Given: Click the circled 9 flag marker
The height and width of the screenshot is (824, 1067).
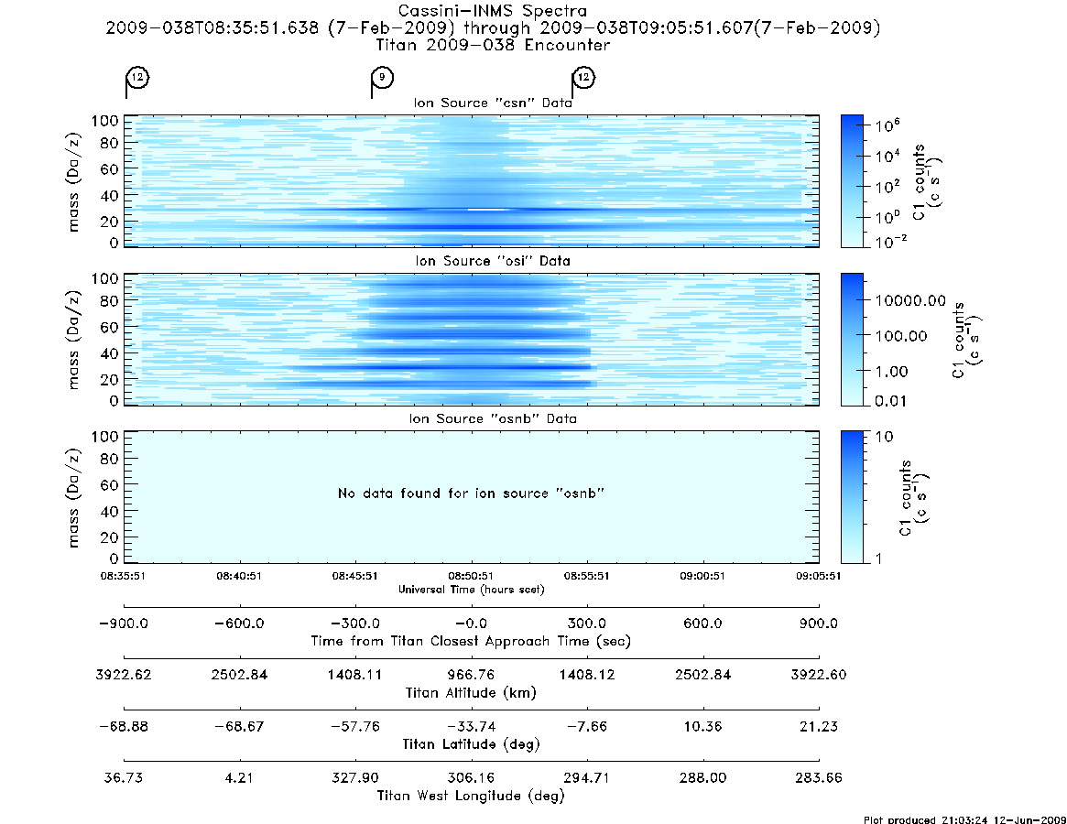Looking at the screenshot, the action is click(x=383, y=77).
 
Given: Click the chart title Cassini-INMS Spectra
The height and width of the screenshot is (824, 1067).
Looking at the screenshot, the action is click(x=493, y=11).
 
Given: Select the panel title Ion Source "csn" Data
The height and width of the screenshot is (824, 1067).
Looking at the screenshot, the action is click(x=493, y=103).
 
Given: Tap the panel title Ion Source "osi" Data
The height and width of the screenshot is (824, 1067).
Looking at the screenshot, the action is click(x=493, y=261).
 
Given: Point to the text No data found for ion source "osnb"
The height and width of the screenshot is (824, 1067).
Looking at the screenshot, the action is click(x=471, y=493).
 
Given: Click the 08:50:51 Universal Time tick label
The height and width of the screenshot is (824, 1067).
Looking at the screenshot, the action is click(x=471, y=576).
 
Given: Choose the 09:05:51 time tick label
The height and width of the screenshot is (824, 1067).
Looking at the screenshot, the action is click(x=819, y=576).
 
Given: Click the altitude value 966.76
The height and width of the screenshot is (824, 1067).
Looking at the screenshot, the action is click(x=471, y=674).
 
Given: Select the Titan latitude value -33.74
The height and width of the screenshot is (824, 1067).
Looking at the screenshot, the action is click(x=471, y=726).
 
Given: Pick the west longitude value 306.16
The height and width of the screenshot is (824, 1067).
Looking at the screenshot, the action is click(x=471, y=777).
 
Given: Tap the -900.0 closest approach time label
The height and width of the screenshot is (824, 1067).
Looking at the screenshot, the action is click(x=124, y=623).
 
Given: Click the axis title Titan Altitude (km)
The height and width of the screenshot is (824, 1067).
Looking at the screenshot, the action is click(x=471, y=693).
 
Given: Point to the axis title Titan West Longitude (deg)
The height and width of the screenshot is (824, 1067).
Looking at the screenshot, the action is click(x=471, y=796).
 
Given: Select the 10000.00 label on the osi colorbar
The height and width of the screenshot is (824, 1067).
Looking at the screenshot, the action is click(x=910, y=300).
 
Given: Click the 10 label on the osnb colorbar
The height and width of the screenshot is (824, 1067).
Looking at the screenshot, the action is click(x=884, y=436).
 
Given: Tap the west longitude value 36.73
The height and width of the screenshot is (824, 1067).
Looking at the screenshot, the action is click(x=124, y=777).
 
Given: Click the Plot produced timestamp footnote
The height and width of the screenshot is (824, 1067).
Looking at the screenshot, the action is click(x=964, y=819).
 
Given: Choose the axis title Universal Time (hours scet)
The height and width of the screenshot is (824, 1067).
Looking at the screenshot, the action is click(x=471, y=590).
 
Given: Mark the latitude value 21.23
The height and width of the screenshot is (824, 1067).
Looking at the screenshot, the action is click(x=819, y=726).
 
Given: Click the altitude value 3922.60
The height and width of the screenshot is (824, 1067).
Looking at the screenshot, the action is click(x=819, y=674).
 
